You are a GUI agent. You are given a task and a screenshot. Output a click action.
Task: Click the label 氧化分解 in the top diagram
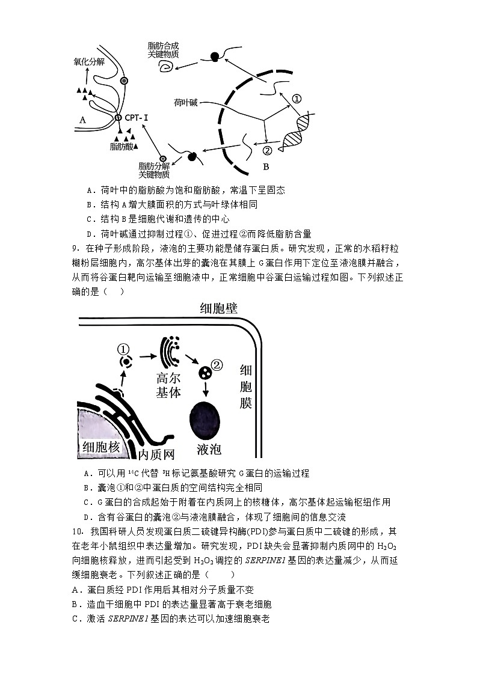click(x=88, y=61)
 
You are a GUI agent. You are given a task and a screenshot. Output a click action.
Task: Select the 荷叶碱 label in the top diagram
click(x=185, y=102)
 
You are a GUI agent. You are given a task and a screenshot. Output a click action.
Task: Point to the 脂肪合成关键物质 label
click(x=163, y=49)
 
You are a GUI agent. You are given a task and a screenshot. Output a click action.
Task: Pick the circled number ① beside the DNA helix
click(x=297, y=99)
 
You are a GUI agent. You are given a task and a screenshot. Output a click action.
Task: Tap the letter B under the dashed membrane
click(x=265, y=166)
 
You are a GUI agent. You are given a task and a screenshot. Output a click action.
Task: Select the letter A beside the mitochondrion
click(x=83, y=120)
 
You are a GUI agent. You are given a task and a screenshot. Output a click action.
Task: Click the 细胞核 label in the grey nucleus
click(x=100, y=447)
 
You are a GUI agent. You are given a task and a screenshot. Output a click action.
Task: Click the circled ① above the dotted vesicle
click(x=123, y=349)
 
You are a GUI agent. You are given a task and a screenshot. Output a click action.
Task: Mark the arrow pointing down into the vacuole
click(x=206, y=389)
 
